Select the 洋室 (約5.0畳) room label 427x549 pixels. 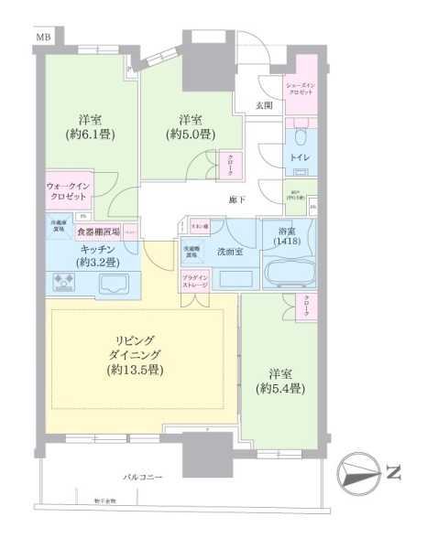(191, 127)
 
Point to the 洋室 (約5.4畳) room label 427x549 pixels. (280, 382)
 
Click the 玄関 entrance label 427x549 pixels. (264, 105)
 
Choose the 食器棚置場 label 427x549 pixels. (99, 232)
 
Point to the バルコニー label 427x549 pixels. (145, 477)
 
